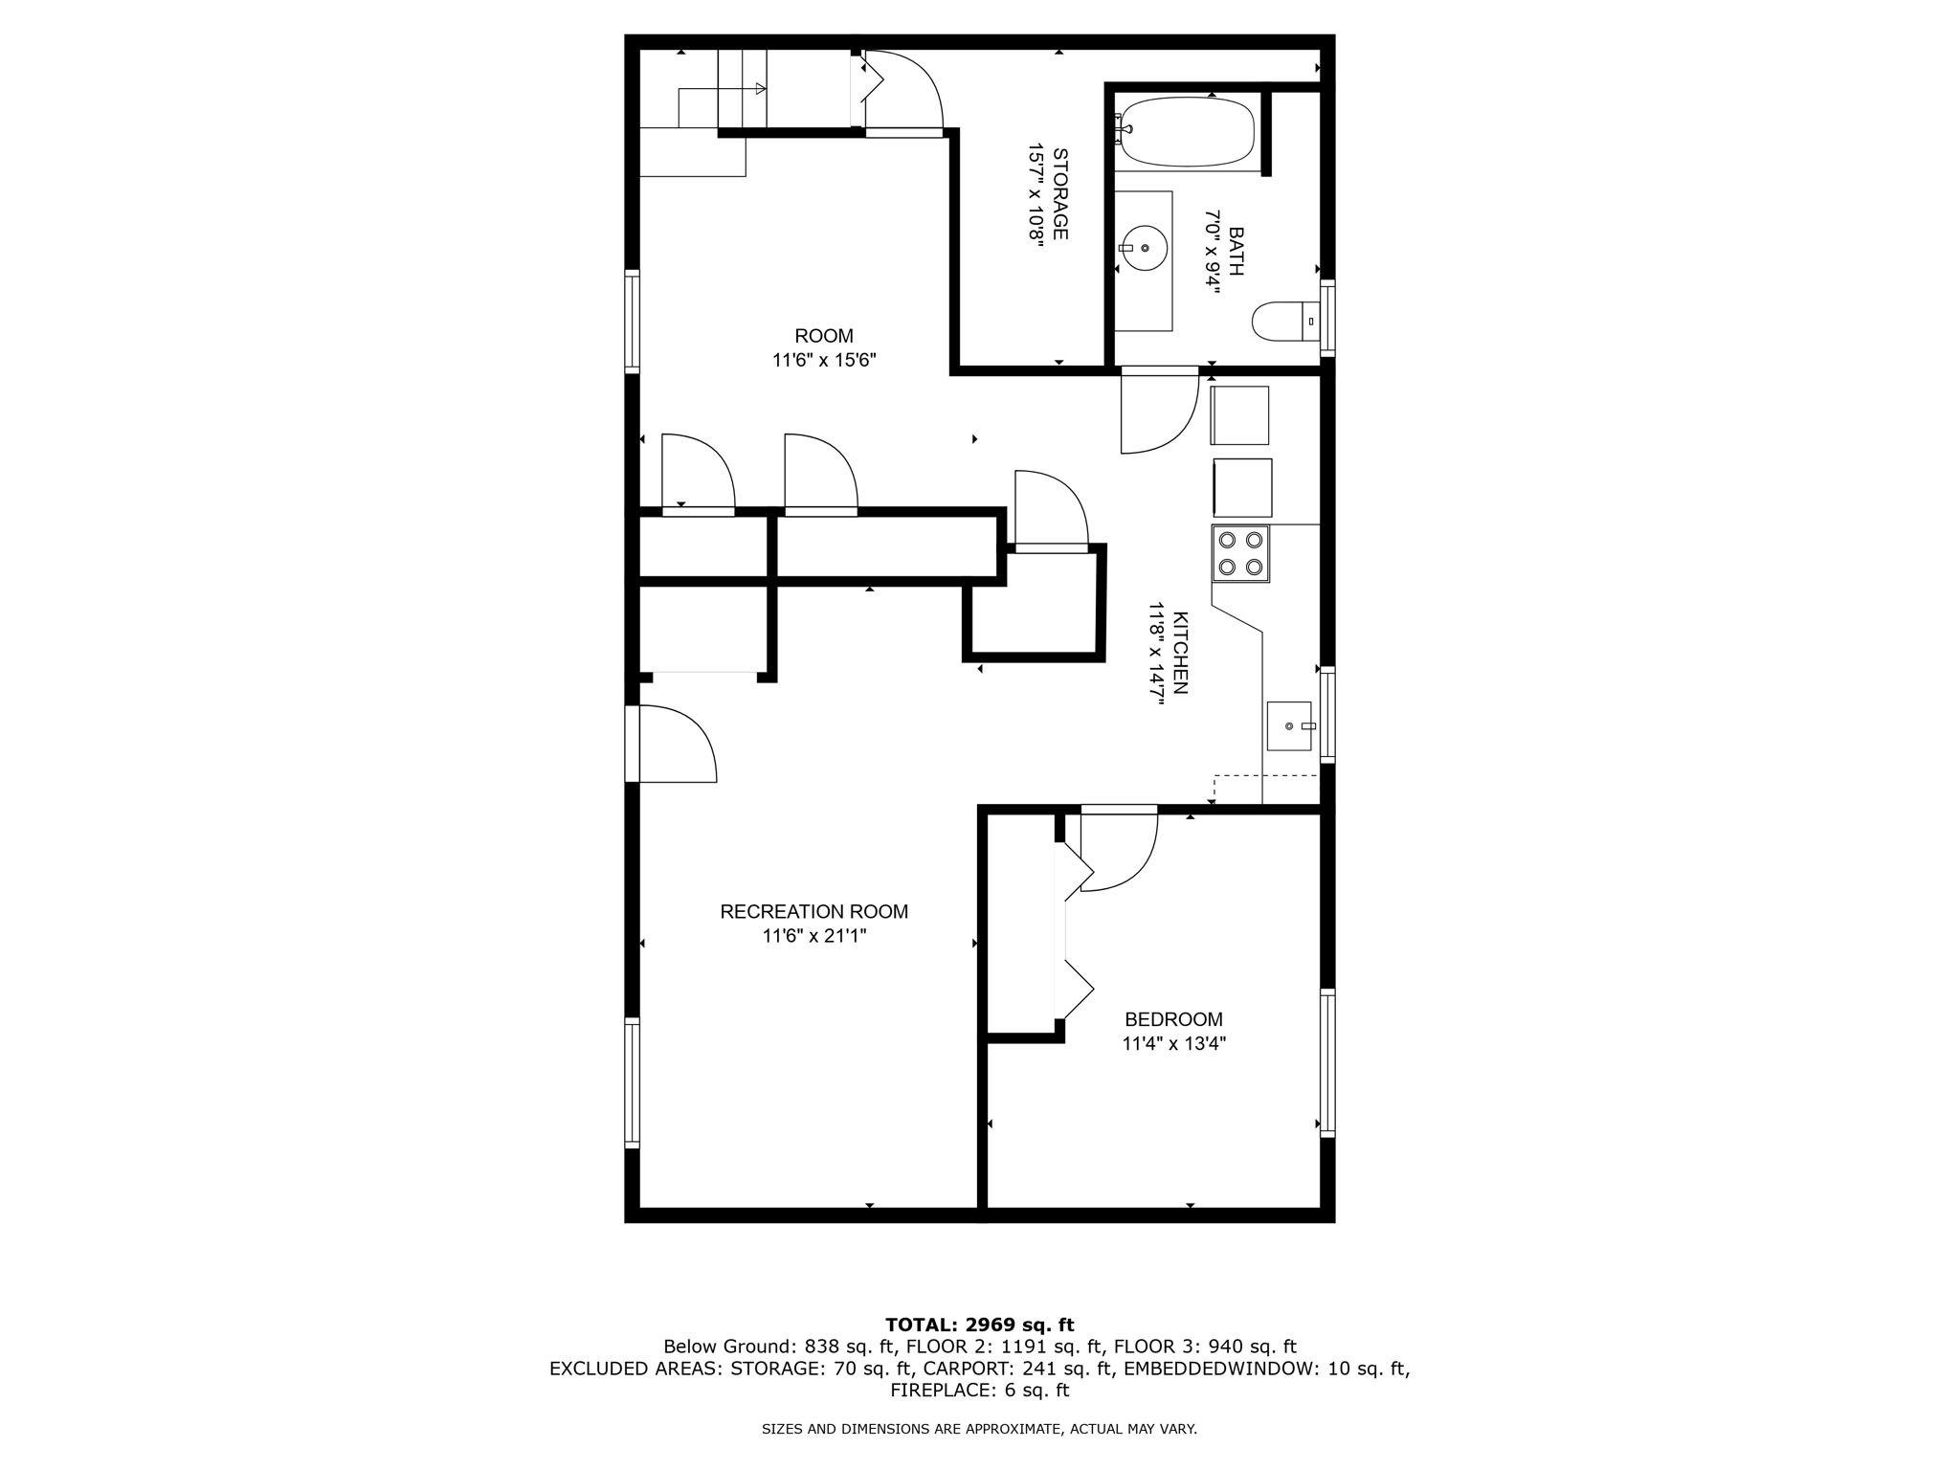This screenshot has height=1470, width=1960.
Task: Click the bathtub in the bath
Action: pyautogui.click(x=1187, y=131)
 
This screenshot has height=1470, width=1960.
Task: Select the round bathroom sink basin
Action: pyautogui.click(x=1145, y=248)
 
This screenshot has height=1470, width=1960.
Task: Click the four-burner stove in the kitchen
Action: pyautogui.click(x=1240, y=553)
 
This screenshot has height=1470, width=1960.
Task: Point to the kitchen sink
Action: pyautogui.click(x=1289, y=726)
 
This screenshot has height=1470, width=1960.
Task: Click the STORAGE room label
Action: pyautogui.click(x=1060, y=193)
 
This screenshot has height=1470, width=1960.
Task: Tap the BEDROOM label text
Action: pyautogui.click(x=1173, y=1019)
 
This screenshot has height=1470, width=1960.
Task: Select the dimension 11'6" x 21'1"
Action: pyautogui.click(x=814, y=936)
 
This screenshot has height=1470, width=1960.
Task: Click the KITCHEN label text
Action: pyautogui.click(x=1180, y=653)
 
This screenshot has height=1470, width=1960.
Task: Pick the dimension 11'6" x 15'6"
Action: pyautogui.click(x=824, y=361)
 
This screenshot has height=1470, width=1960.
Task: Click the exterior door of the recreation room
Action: pyautogui.click(x=675, y=745)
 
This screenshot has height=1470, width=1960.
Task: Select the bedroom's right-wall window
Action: pyautogui.click(x=1327, y=1062)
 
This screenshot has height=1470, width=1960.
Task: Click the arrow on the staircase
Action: pyautogui.click(x=760, y=89)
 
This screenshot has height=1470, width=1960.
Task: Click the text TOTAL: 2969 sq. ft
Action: pyautogui.click(x=979, y=1325)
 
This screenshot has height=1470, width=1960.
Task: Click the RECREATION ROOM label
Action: pyautogui.click(x=814, y=912)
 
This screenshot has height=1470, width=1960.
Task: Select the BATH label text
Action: pyautogui.click(x=1236, y=252)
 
